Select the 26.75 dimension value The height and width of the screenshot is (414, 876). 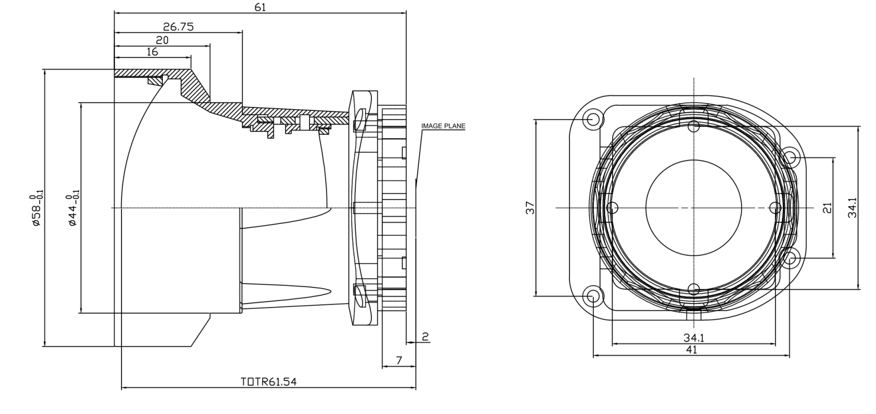click(178, 27)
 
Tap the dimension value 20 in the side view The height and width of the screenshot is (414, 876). click(162, 40)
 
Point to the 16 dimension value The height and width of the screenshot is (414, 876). click(152, 52)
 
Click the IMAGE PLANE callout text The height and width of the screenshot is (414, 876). click(443, 126)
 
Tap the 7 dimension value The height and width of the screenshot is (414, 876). click(399, 361)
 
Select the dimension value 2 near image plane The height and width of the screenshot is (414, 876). click(425, 337)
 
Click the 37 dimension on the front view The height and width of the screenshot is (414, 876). click(530, 208)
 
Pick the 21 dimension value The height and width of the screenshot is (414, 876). click(827, 208)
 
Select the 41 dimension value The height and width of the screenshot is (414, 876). click(691, 350)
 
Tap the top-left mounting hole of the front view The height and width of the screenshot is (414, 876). click(593, 119)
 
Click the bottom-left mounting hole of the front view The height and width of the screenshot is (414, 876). click(593, 296)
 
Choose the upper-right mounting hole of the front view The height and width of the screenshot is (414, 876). click(790, 158)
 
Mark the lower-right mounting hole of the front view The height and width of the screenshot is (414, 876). click(790, 258)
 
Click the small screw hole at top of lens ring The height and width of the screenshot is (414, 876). click(693, 126)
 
